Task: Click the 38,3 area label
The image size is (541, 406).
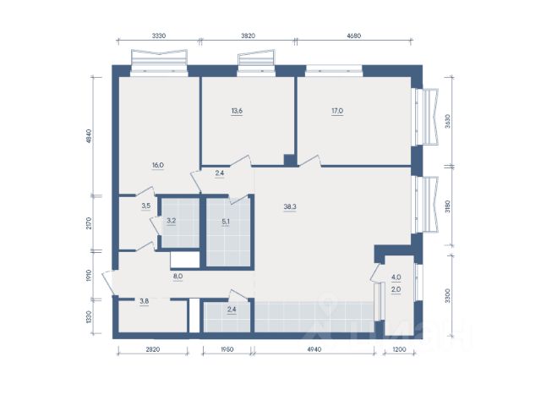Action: click(290, 206)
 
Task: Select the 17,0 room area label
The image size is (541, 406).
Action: click(337, 111)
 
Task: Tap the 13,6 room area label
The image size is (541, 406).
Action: click(237, 111)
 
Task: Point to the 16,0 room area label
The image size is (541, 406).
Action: click(158, 165)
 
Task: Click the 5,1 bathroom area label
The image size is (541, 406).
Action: click(226, 222)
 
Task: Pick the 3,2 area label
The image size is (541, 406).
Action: click(172, 221)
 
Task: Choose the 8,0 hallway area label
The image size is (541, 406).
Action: click(178, 277)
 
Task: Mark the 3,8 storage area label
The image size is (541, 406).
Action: click(145, 301)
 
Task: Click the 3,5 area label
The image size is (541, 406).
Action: click(146, 206)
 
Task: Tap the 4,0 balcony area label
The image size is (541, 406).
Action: click(396, 277)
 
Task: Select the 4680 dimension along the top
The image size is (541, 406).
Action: click(353, 36)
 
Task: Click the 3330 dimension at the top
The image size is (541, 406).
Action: click(159, 36)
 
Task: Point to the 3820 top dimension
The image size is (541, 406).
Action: click(248, 36)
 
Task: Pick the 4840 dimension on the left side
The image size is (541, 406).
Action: click(89, 136)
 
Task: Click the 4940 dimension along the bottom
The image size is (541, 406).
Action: click(314, 349)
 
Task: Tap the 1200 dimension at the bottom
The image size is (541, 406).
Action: click(399, 349)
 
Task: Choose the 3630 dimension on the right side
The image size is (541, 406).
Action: click(447, 121)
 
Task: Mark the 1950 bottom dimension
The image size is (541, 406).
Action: click(227, 349)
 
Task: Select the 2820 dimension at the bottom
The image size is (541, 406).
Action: click(153, 349)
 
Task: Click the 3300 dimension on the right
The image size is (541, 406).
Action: click(447, 296)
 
